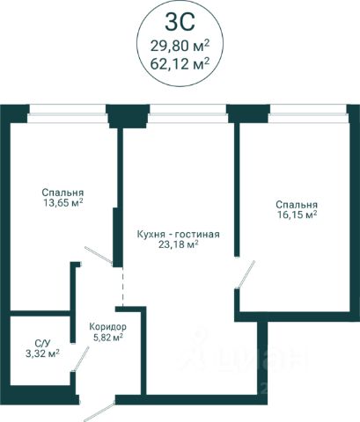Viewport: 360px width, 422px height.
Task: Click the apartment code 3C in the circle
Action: tap(180, 22)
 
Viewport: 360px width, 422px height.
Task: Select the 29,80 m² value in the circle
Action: tap(180, 46)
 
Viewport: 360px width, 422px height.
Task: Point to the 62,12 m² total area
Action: tap(180, 63)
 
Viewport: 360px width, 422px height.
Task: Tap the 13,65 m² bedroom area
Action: tap(62, 202)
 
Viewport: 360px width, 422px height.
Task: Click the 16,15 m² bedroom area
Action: tap(297, 215)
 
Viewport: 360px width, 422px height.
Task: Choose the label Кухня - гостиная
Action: tap(179, 234)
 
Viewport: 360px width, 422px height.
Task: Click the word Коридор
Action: tap(108, 326)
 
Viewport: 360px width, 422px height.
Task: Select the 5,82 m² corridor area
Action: tap(108, 338)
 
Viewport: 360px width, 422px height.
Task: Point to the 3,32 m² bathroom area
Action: tap(43, 353)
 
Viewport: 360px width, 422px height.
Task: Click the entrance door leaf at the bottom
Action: tap(99, 411)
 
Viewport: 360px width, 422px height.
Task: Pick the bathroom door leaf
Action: tap(81, 360)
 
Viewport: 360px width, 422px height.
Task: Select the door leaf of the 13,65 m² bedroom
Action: tap(99, 255)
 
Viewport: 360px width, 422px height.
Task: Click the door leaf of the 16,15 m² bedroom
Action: tap(246, 273)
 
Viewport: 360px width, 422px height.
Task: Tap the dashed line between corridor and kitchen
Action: tap(122, 287)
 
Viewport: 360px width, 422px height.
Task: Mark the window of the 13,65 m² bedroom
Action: tap(68, 113)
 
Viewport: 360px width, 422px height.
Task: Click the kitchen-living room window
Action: tap(188, 113)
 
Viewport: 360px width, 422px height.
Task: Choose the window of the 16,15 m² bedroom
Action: tap(308, 113)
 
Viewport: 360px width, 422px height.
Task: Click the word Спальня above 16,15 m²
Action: tap(297, 205)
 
